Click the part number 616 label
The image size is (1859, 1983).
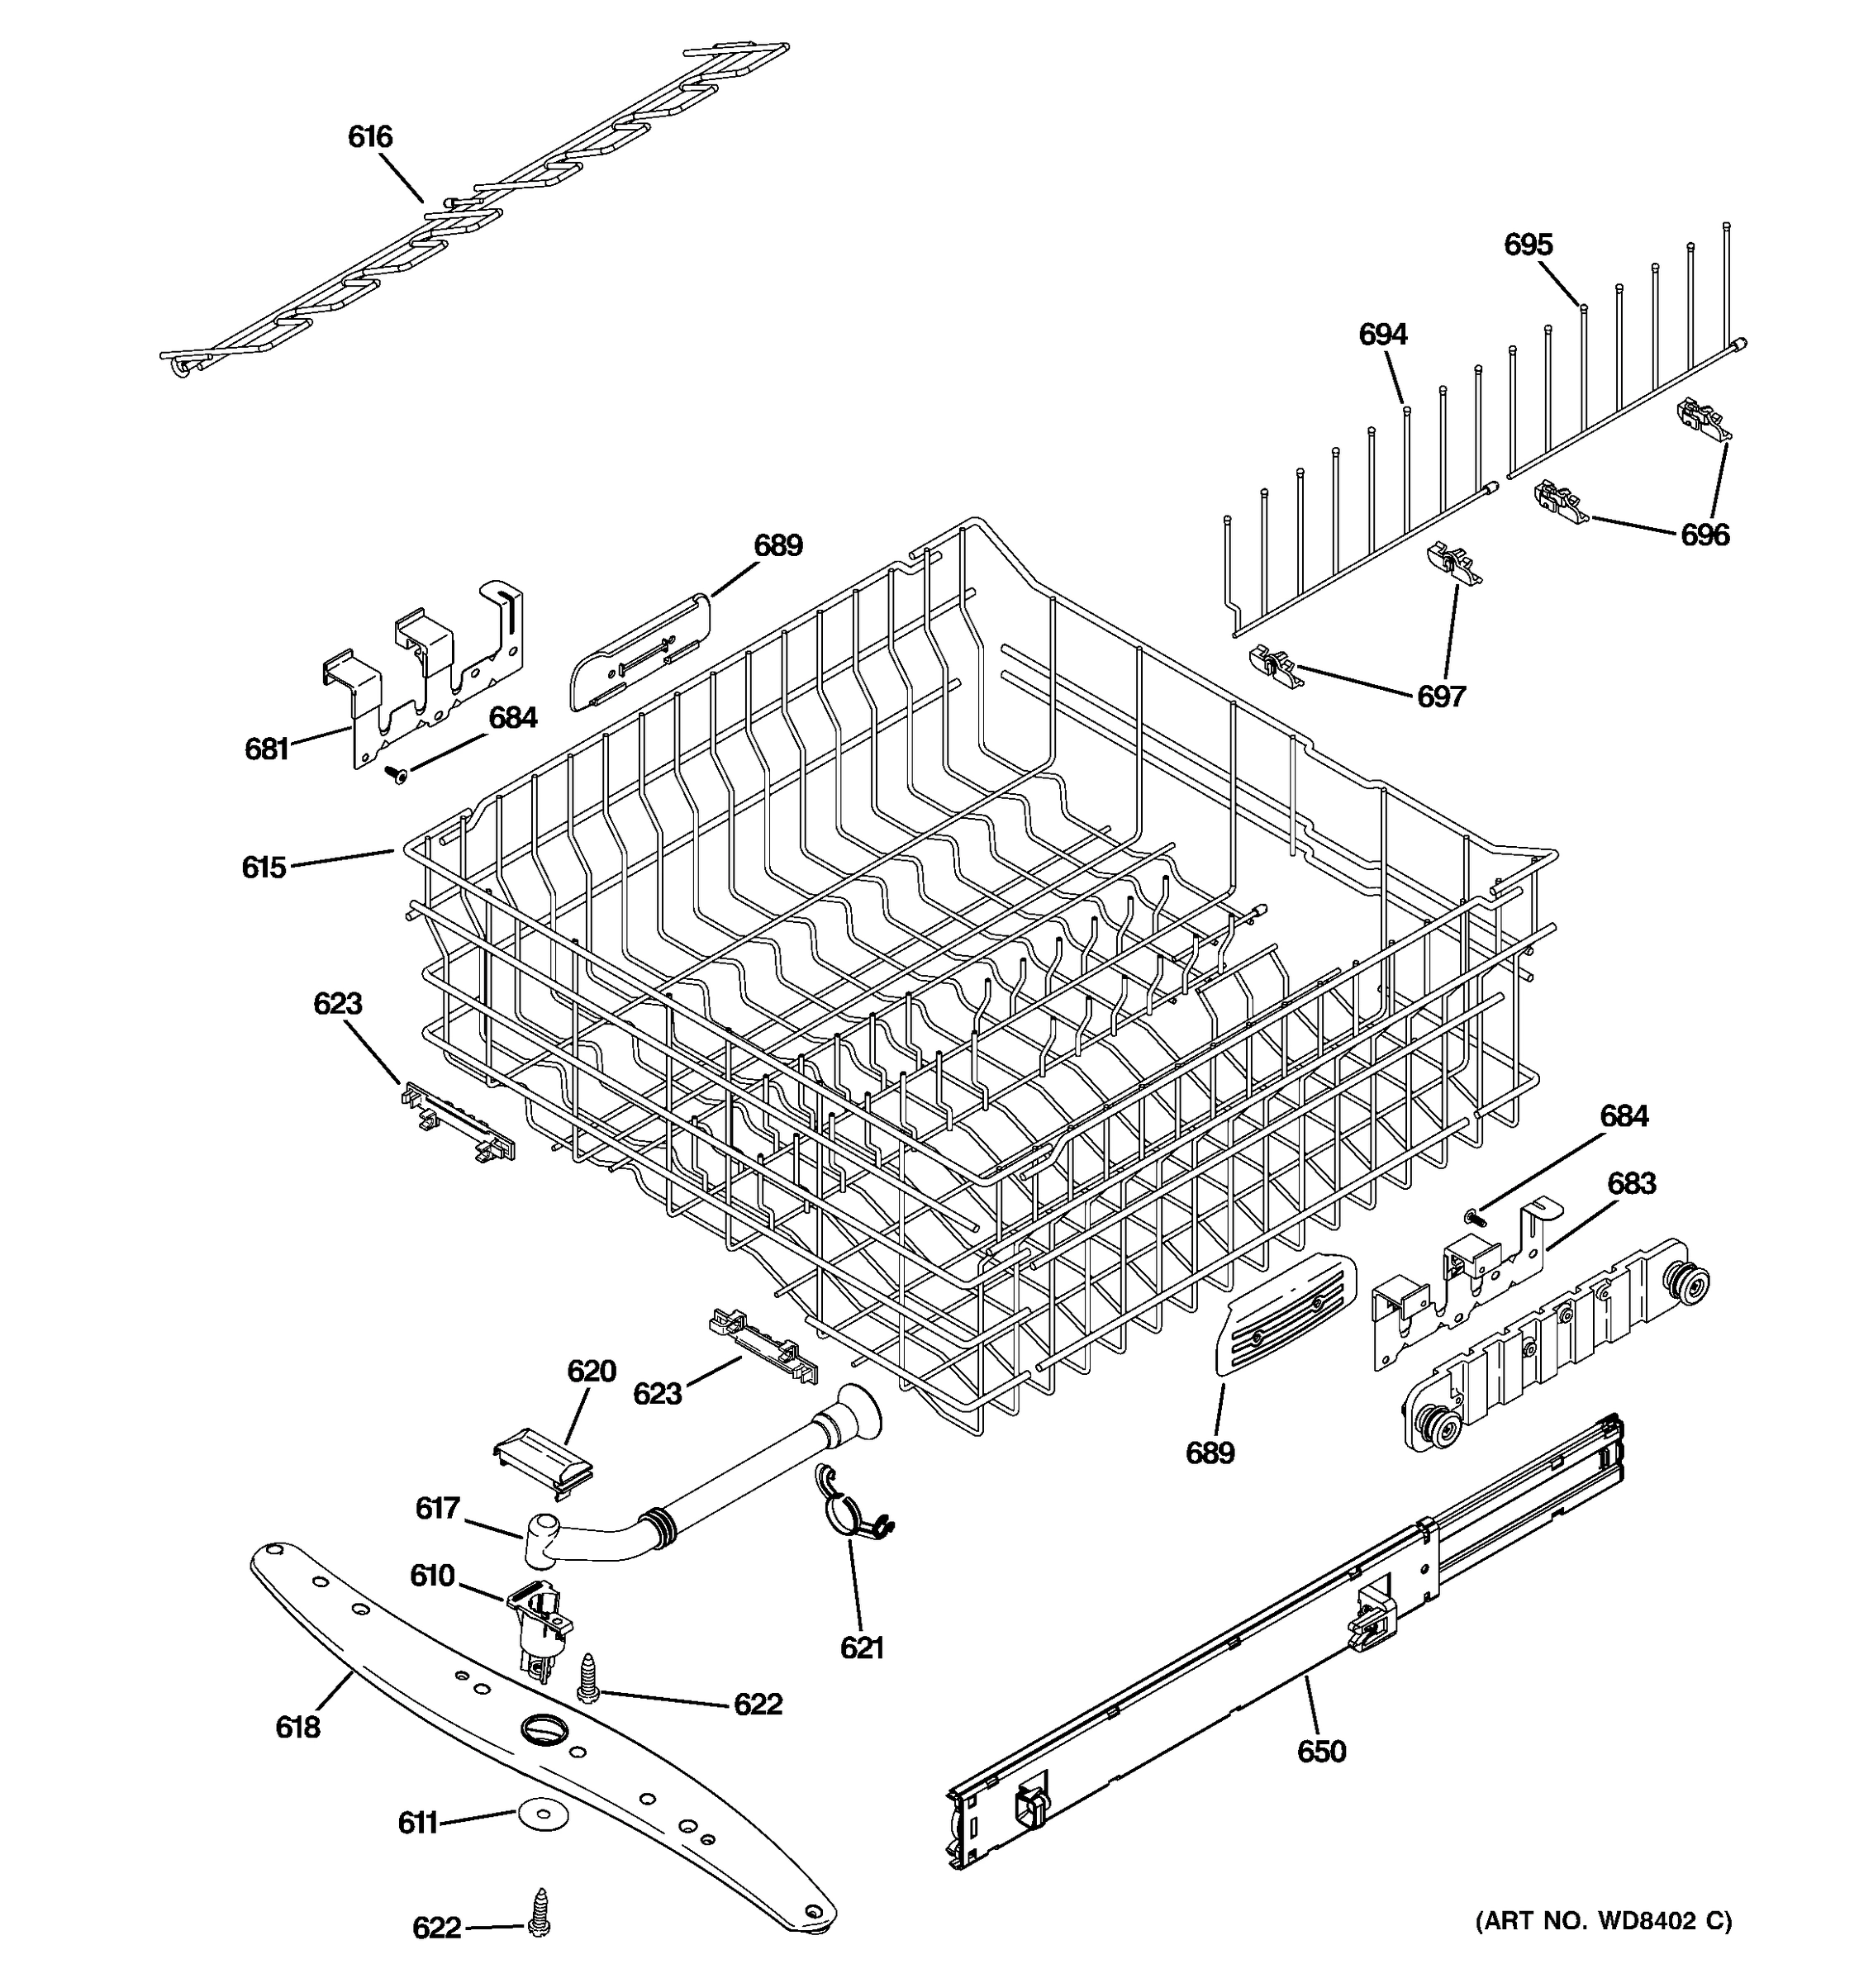tap(370, 136)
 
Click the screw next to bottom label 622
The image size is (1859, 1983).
tap(541, 1911)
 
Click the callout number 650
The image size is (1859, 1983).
tap(1321, 1751)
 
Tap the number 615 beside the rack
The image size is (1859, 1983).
tap(264, 868)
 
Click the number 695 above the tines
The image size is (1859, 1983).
tap(1528, 245)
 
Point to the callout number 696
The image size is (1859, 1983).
tap(1704, 535)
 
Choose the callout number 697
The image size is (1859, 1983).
tap(1441, 697)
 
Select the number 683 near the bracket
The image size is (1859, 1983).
tap(1631, 1184)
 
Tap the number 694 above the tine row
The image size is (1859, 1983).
tap(1382, 334)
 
